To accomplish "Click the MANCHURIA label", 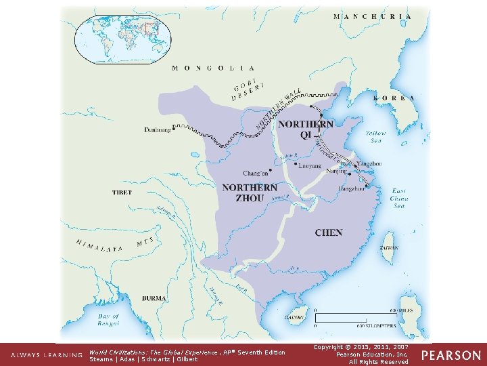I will tap(372, 16).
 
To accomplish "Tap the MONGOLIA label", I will tap(213, 68).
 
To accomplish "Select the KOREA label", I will tap(393, 98).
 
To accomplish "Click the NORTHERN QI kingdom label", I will tap(305, 129).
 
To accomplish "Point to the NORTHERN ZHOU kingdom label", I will tap(250, 192).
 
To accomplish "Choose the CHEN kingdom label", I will tap(328, 232).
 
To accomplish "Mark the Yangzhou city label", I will tap(369, 164).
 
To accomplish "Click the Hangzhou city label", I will tap(351, 188).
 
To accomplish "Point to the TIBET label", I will tap(122, 192).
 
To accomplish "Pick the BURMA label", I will tap(154, 298).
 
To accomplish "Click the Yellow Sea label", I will tap(375, 138).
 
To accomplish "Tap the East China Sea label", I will tap(399, 198).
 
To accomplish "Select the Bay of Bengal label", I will tap(108, 320).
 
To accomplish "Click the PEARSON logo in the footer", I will tap(452, 355).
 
